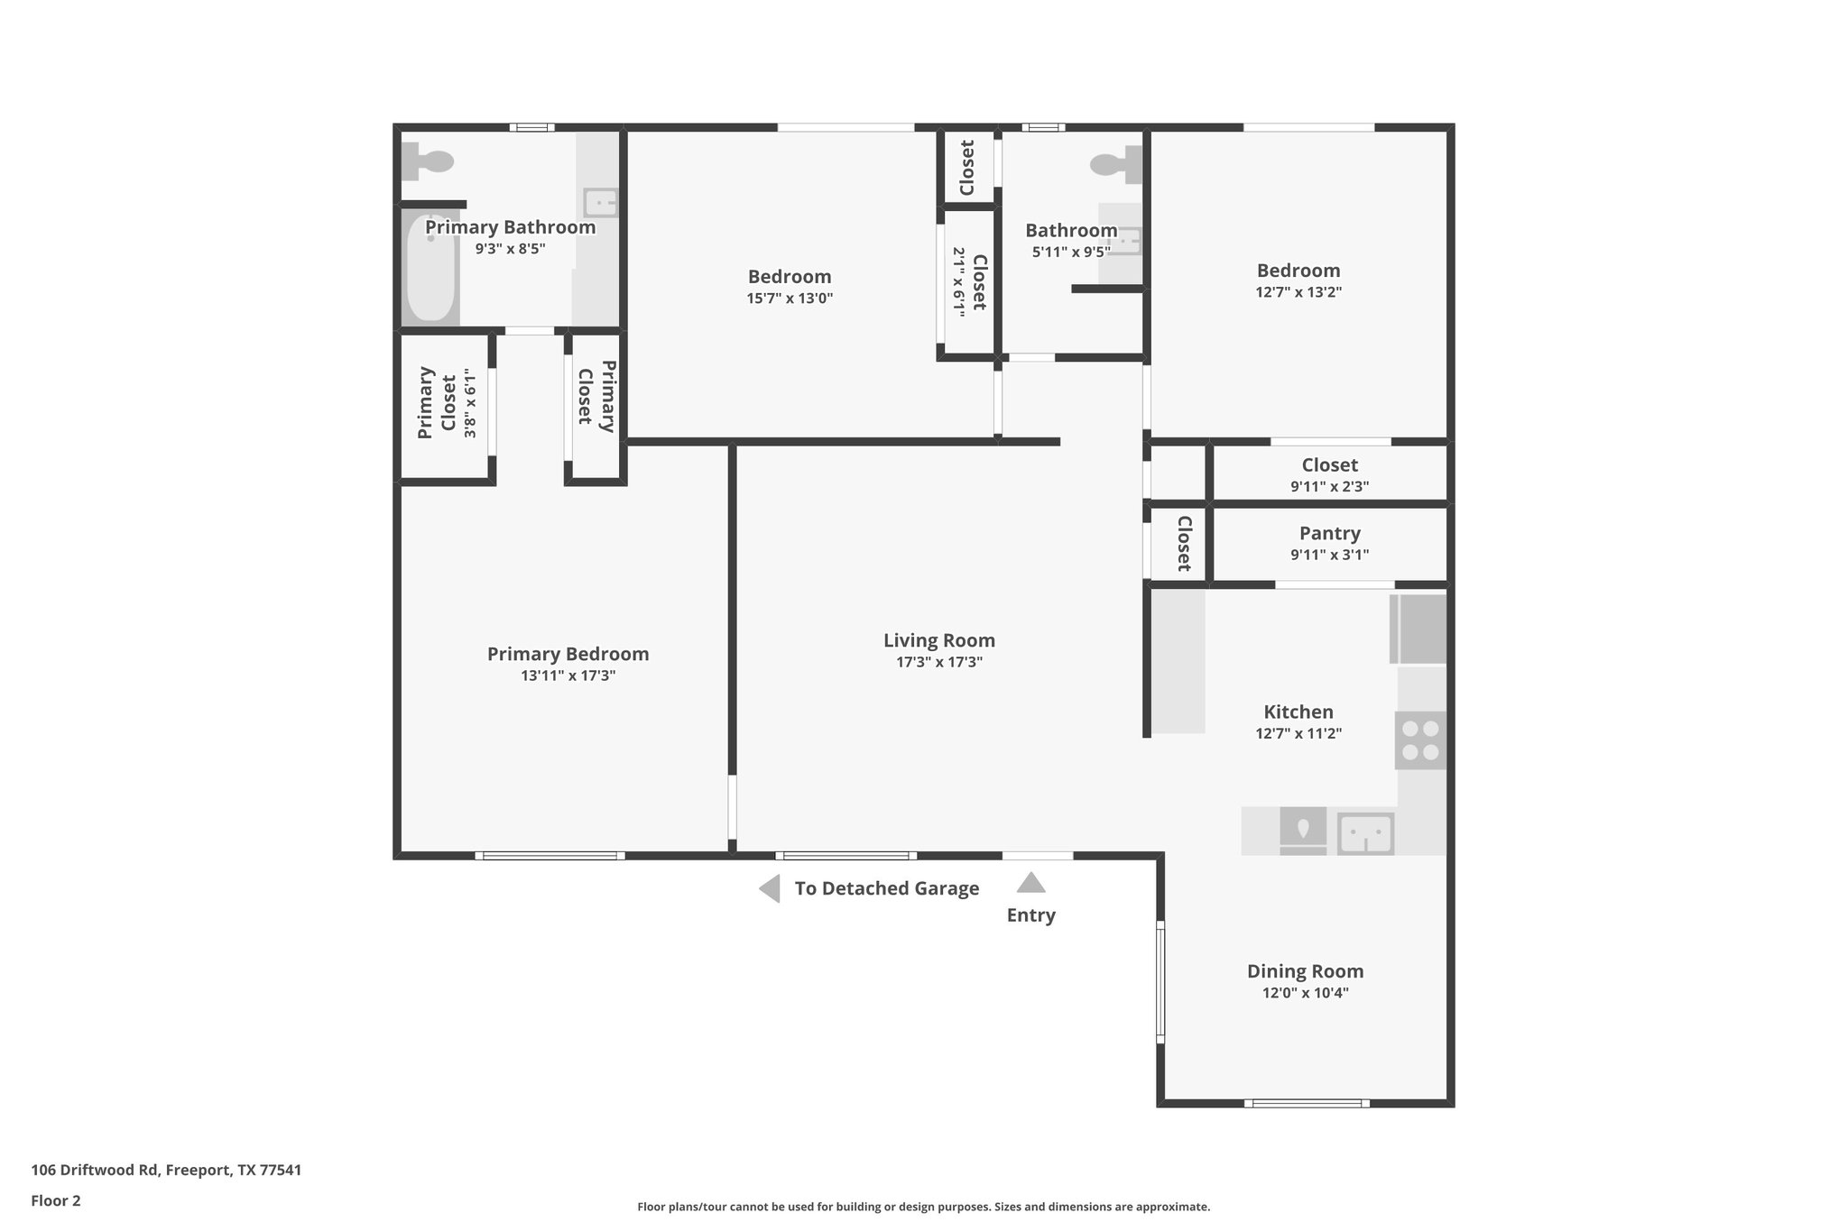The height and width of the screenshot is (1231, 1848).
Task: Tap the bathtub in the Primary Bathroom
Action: (430, 267)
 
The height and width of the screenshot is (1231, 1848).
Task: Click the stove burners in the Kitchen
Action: (1420, 740)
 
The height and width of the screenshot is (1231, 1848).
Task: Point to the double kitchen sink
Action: (1365, 833)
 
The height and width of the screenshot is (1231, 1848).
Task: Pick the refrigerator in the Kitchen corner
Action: (1418, 629)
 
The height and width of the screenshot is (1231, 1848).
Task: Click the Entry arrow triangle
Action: (1030, 883)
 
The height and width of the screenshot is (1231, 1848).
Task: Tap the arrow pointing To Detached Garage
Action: (770, 888)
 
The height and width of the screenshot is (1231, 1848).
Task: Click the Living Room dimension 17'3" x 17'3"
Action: (938, 662)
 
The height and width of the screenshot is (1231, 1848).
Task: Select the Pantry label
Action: (1329, 533)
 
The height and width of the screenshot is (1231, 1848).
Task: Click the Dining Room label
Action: (1305, 971)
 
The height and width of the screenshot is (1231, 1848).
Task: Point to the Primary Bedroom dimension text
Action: (568, 675)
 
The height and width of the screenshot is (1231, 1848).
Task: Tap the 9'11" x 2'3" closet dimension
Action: (1329, 487)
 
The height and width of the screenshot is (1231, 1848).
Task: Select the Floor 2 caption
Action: (56, 1200)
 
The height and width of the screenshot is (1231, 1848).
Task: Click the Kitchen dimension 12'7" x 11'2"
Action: (1298, 734)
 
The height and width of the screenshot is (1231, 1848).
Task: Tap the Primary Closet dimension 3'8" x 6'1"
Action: (469, 403)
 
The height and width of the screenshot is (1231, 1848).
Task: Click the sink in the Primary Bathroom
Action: (600, 202)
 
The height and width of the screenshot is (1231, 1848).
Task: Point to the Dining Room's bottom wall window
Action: (1307, 1103)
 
